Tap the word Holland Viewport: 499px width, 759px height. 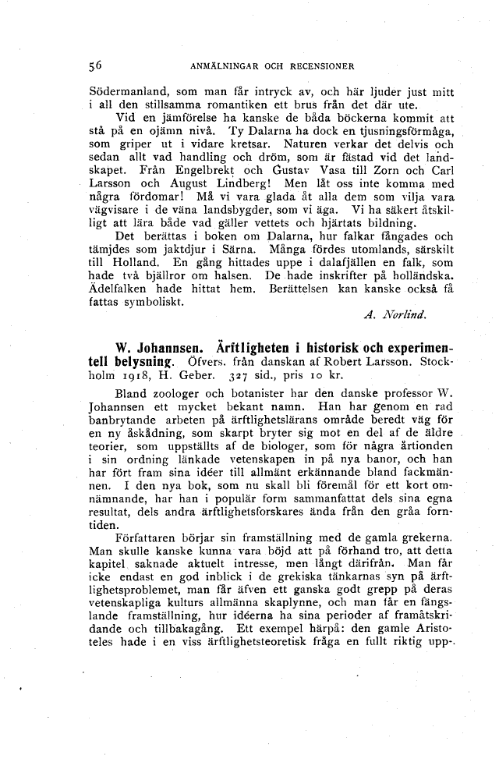[115, 263]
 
